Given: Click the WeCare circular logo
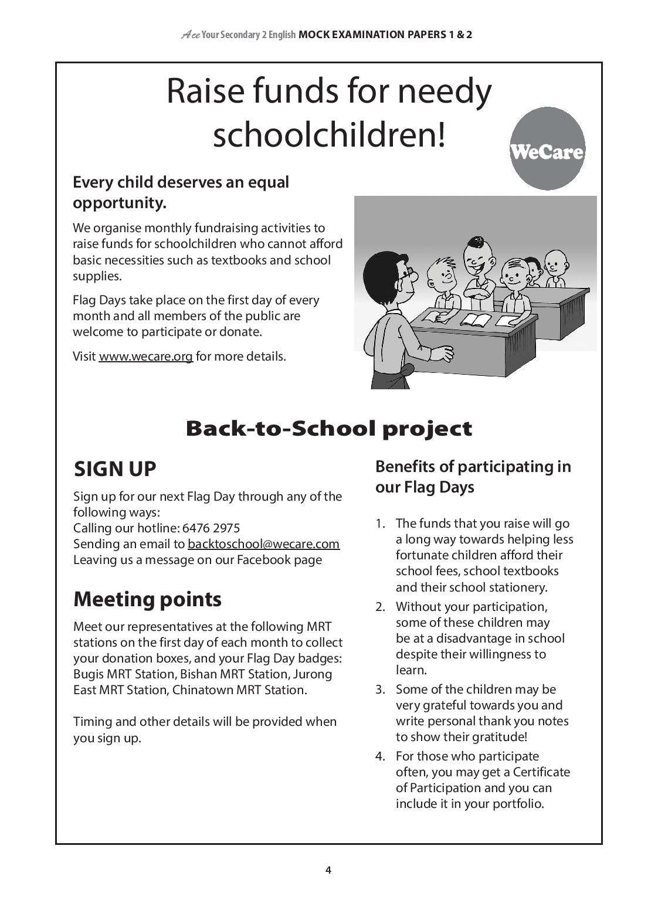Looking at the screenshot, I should [547, 150].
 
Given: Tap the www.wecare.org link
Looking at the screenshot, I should [145, 356].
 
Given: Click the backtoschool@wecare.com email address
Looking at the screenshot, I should [263, 544].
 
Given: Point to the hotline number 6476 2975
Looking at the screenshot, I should [211, 528].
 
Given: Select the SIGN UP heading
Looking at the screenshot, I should [115, 469].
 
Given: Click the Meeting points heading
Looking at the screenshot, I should [147, 599].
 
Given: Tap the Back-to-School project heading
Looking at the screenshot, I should [328, 429].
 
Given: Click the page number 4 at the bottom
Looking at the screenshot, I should [328, 870].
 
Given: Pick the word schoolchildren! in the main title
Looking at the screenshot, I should [328, 135].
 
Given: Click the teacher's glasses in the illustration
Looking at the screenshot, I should [412, 274].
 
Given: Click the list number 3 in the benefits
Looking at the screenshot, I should [380, 690].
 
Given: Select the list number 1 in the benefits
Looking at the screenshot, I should [380, 524].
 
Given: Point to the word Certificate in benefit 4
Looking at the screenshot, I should [540, 772].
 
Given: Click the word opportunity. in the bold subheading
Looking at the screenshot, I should [120, 203].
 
